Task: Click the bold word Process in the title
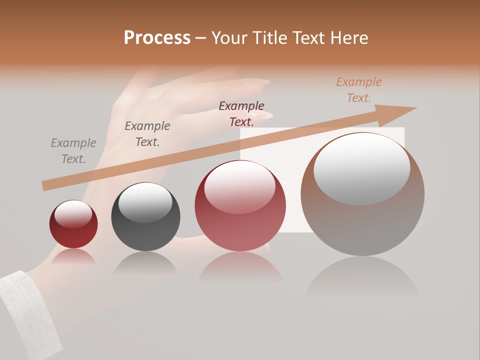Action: pyautogui.click(x=157, y=38)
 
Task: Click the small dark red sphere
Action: pyautogui.click(x=73, y=224)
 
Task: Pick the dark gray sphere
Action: pyautogui.click(x=145, y=217)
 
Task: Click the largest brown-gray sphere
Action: pyautogui.click(x=362, y=195)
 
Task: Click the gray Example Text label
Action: pyautogui.click(x=73, y=151)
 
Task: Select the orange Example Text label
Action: pyautogui.click(x=359, y=90)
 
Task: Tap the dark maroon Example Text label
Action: pyautogui.click(x=241, y=114)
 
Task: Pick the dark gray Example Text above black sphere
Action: pyautogui.click(x=147, y=134)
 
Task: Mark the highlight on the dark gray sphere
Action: pyautogui.click(x=145, y=202)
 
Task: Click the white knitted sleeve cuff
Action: pyautogui.click(x=27, y=310)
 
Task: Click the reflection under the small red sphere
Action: pyautogui.click(x=73, y=257)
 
